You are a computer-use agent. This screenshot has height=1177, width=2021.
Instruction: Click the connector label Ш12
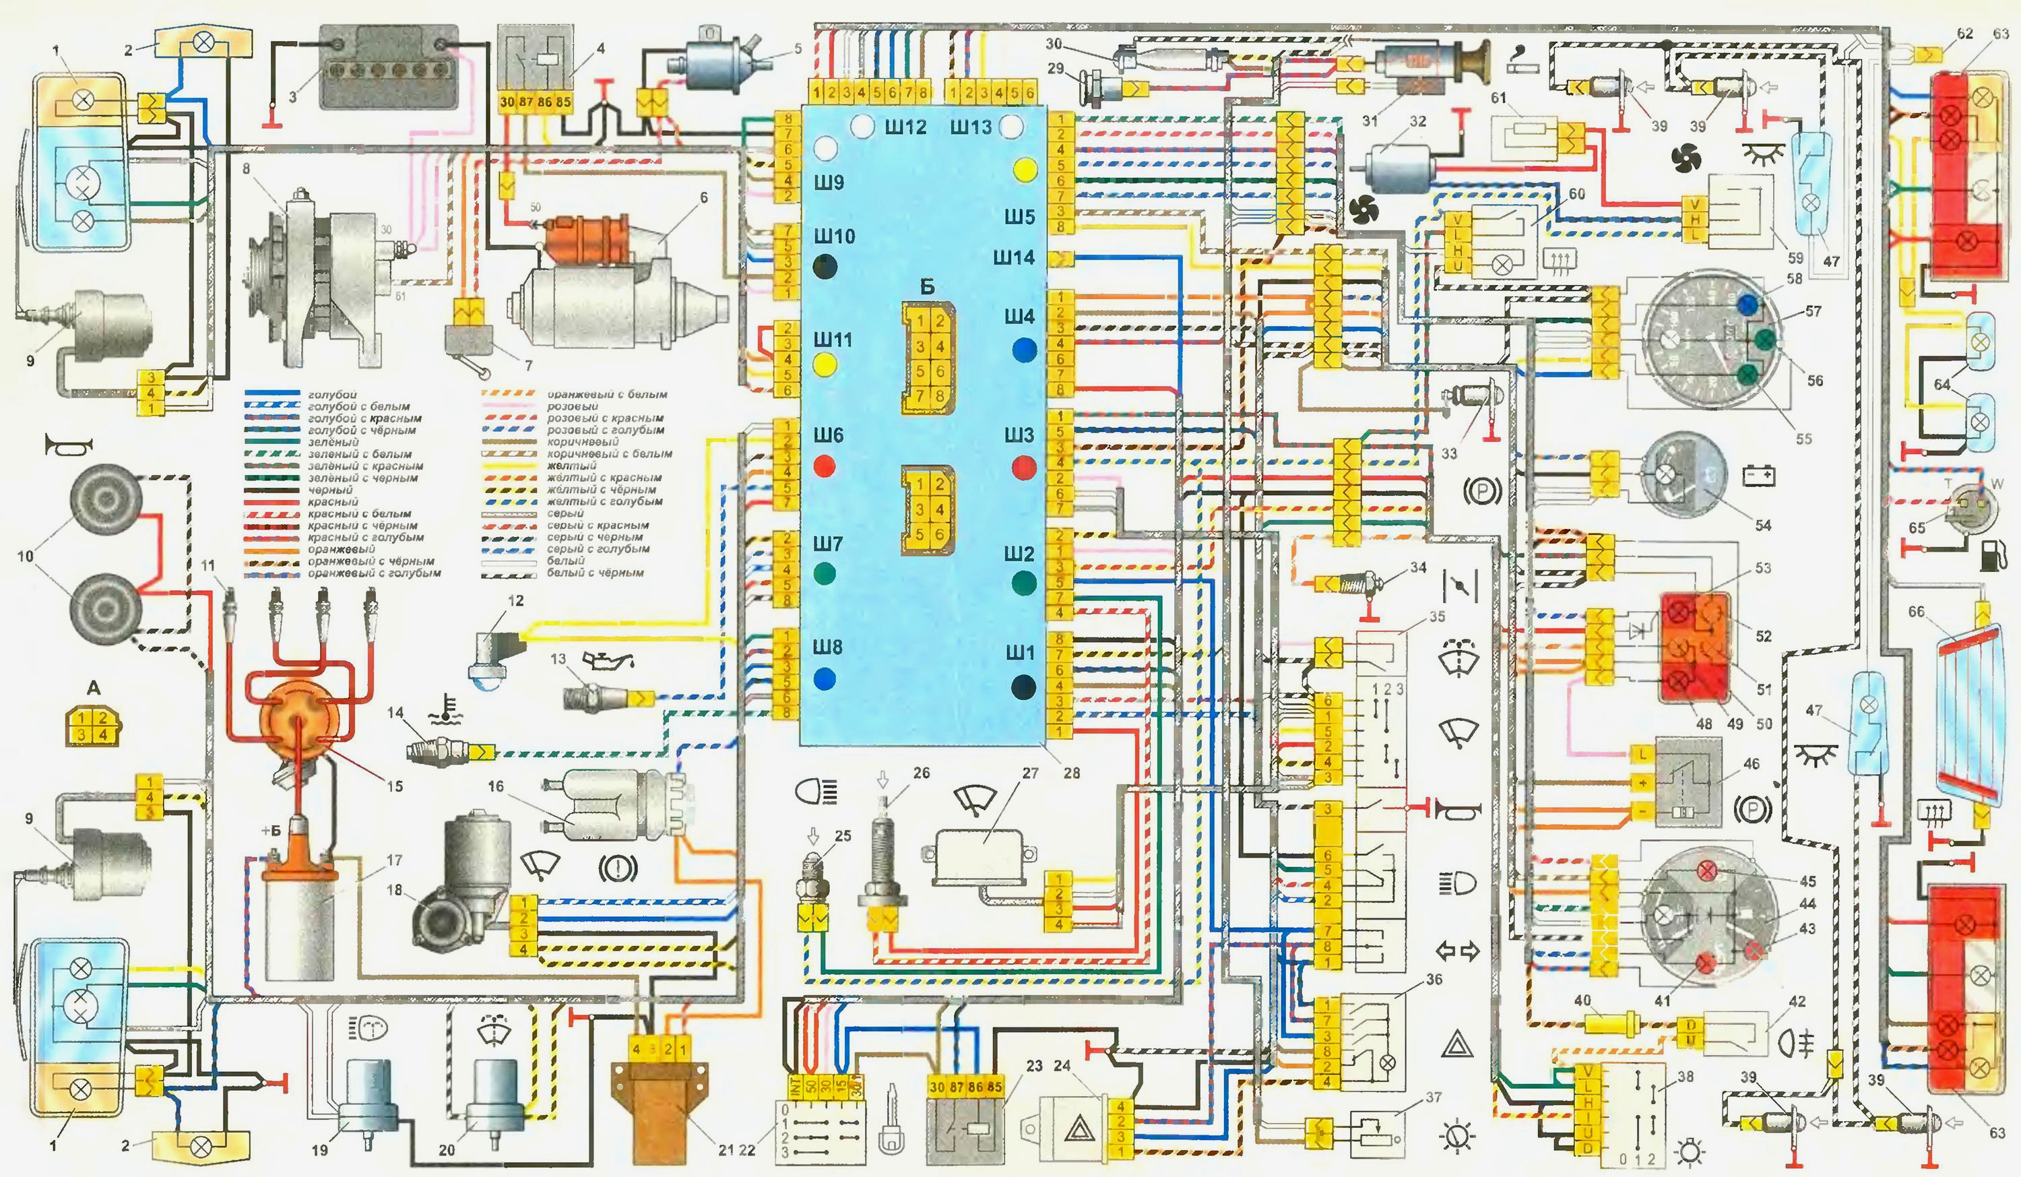pyautogui.click(x=905, y=127)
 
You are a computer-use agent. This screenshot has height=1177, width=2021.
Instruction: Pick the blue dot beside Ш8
pyautogui.click(x=825, y=678)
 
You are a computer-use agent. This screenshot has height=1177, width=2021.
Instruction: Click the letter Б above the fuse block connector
pyautogui.click(x=926, y=287)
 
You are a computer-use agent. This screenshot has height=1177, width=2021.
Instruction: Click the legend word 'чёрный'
pyautogui.click(x=329, y=489)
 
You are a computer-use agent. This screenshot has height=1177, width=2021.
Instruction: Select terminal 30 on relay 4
pyautogui.click(x=507, y=102)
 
